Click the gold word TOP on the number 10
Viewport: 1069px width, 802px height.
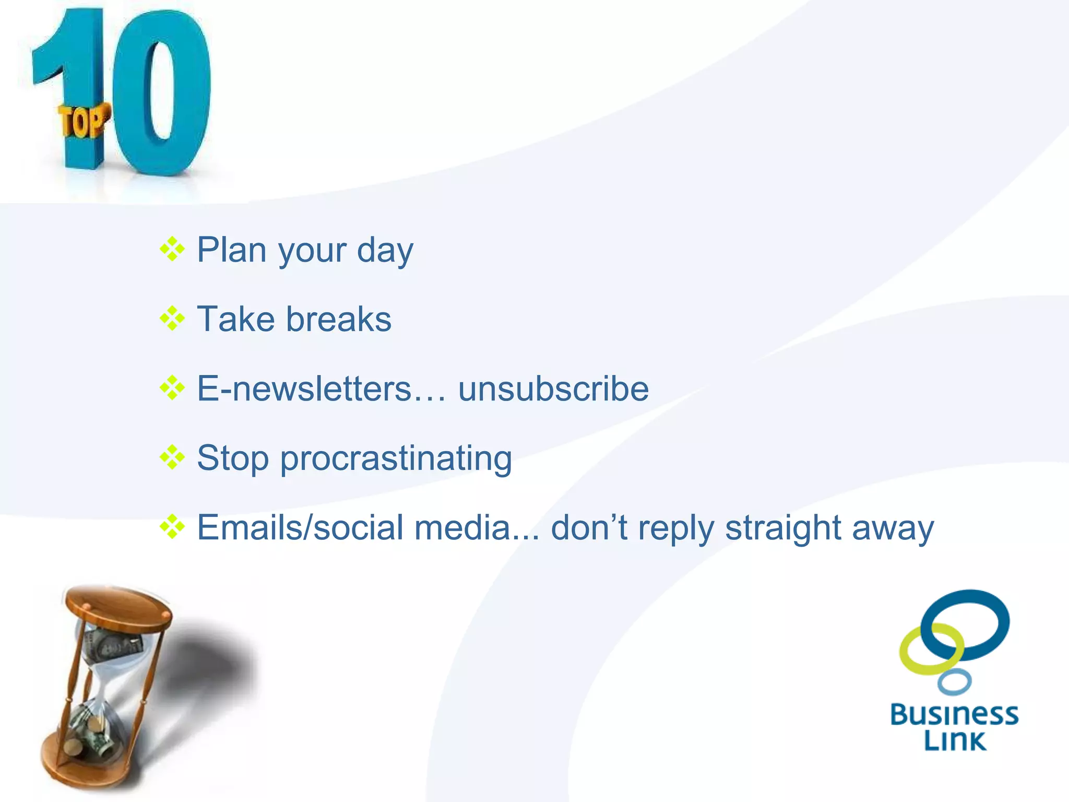tap(82, 121)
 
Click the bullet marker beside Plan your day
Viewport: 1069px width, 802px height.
tap(172, 249)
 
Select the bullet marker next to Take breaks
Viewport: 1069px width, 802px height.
tap(172, 319)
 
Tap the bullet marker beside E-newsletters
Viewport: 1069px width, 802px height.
tap(172, 388)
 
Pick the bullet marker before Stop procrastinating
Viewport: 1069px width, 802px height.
tap(172, 458)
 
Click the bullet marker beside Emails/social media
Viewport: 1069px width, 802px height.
tap(172, 527)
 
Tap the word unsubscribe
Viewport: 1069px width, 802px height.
tap(553, 389)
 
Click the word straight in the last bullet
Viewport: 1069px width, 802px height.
tap(783, 528)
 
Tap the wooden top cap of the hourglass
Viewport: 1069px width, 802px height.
tap(118, 606)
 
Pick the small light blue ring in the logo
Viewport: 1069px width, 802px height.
tap(954, 682)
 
